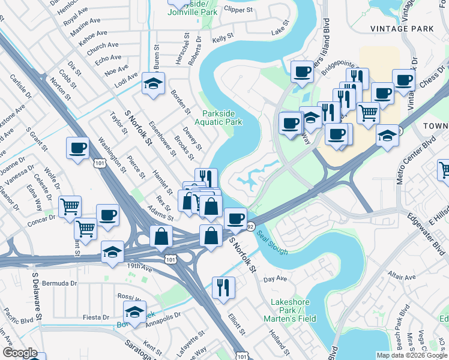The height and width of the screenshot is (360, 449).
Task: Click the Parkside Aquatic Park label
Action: coord(221,117)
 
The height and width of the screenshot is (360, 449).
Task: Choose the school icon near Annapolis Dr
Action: coord(134,312)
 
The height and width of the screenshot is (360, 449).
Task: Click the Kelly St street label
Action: coord(222,38)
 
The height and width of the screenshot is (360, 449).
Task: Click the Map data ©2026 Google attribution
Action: coord(411,355)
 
